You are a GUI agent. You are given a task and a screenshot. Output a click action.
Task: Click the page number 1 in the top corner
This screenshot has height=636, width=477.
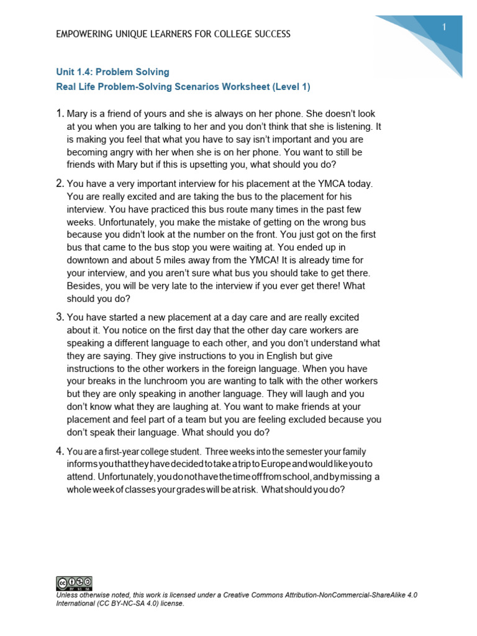click(445, 27)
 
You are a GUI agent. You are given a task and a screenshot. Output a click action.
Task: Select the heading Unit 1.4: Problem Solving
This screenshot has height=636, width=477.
click(112, 72)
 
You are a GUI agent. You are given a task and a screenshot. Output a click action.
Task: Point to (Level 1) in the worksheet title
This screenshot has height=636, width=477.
click(291, 87)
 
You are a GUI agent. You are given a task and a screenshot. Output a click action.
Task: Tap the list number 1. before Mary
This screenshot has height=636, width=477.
click(60, 114)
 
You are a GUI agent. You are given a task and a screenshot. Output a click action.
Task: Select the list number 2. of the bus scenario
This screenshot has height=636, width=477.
click(60, 183)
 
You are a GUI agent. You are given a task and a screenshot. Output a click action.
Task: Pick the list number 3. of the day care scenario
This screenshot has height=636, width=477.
click(60, 317)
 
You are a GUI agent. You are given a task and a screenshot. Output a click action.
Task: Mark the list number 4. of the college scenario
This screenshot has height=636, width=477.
click(60, 450)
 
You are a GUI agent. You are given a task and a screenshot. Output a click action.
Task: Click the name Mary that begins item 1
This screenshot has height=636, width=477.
click(79, 114)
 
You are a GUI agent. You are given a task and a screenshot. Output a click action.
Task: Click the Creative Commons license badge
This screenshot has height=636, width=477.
click(74, 583)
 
